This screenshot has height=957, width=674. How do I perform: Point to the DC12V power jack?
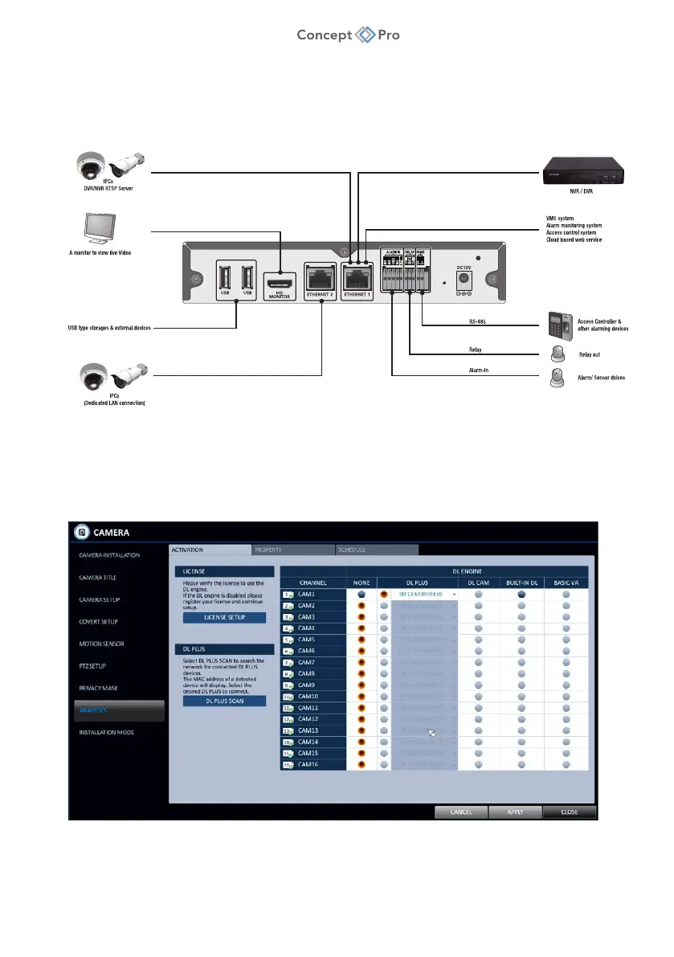point(463,280)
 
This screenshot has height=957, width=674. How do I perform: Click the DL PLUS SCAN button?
point(224,701)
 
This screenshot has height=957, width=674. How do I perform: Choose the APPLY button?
point(515,812)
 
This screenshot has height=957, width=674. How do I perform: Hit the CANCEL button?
point(461,812)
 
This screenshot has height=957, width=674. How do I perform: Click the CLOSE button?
point(569,812)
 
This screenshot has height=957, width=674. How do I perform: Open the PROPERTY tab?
point(292,550)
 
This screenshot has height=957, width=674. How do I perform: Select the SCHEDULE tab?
point(377,550)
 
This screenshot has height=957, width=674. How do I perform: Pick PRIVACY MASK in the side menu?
point(99,688)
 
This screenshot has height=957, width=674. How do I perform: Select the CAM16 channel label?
point(308,764)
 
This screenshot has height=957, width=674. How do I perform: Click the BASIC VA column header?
point(566,582)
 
